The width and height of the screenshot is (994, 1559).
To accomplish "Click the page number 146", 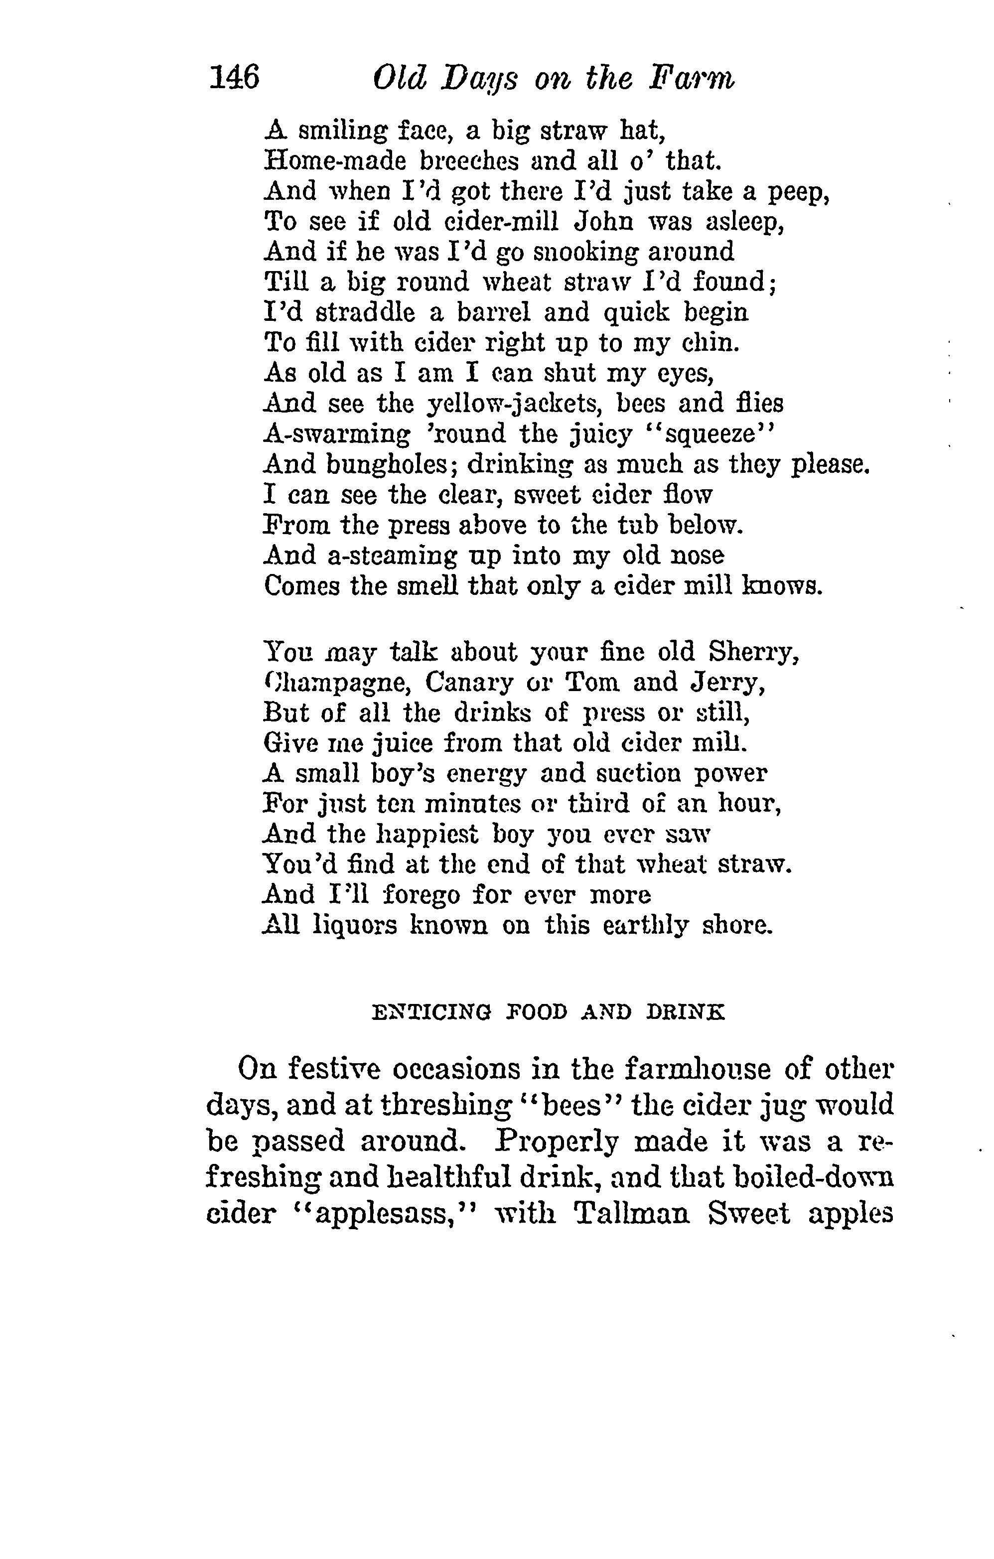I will click(234, 78).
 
